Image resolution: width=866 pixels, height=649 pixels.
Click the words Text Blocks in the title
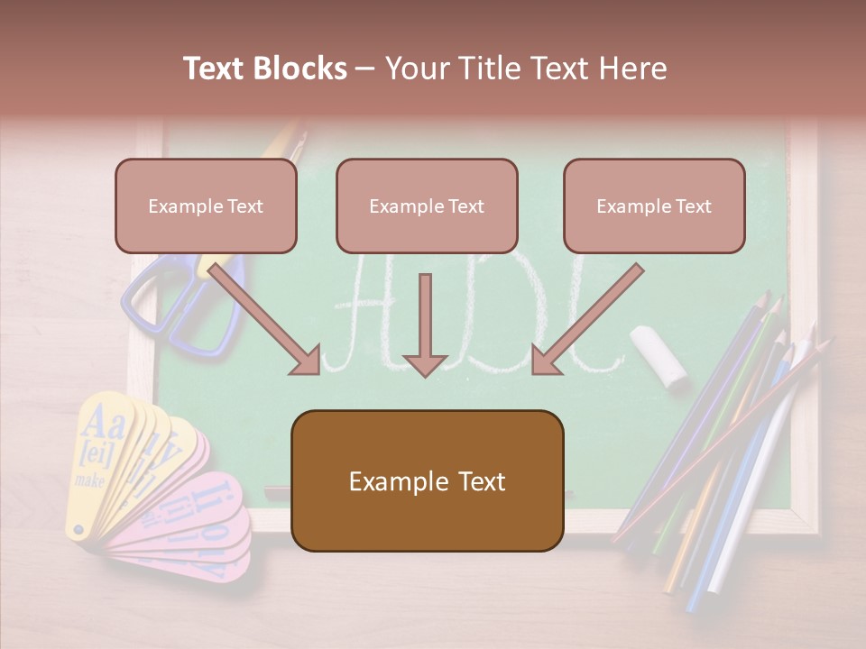tap(264, 69)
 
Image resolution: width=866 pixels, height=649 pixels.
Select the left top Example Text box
tap(206, 206)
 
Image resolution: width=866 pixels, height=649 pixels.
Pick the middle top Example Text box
tap(427, 206)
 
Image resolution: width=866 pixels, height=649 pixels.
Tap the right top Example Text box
tap(654, 206)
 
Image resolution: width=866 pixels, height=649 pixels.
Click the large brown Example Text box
tap(427, 480)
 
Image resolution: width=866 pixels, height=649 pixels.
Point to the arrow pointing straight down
tap(425, 324)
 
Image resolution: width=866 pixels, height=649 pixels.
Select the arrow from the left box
tap(266, 319)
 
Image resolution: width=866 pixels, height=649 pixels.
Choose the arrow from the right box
tap(586, 319)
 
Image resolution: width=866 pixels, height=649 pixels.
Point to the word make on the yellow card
tap(90, 480)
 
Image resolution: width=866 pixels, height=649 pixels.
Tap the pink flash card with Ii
tap(212, 505)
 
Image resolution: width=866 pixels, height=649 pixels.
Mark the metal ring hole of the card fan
tap(78, 531)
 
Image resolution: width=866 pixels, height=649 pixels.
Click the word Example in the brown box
tap(389, 481)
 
